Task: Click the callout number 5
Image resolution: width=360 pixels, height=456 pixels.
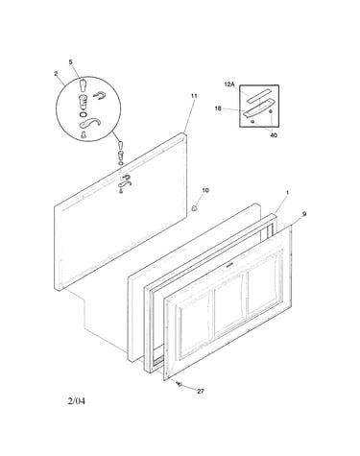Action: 71,62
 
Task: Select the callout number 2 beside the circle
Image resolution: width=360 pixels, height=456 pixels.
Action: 56,74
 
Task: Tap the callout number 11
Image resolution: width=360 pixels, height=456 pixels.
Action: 194,96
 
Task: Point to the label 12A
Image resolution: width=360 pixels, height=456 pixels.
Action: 229,84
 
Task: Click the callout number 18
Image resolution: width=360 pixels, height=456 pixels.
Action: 218,108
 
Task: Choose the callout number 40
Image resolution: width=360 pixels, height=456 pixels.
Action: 274,135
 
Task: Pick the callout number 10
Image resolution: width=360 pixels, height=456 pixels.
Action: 205,190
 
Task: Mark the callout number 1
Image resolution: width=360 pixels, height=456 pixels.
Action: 287,193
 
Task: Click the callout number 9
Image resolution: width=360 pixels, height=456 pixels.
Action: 304,214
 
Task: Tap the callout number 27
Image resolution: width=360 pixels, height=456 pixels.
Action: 201,391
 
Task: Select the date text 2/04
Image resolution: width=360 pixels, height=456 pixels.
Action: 77,401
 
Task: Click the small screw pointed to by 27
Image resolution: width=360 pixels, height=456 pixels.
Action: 180,384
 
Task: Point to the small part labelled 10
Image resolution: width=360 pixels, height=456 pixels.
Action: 195,208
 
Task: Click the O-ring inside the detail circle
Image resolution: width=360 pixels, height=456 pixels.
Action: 83,114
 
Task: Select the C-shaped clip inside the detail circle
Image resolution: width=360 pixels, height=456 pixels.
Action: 99,95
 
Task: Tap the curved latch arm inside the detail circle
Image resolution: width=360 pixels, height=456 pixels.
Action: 90,123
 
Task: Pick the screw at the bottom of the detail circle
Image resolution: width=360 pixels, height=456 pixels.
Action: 84,134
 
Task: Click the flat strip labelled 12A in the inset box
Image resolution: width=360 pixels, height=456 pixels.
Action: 256,96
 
